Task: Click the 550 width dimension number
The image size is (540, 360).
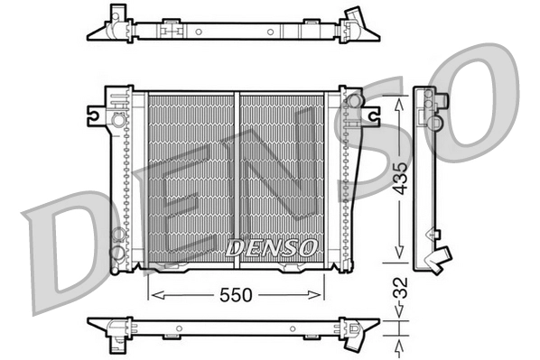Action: click(236, 295)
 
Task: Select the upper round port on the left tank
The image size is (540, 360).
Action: click(118, 118)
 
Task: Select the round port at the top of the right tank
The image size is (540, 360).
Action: click(354, 100)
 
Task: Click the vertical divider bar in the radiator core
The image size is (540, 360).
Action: click(237, 177)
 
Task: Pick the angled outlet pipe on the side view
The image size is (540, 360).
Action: click(440, 259)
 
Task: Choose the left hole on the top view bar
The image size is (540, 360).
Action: click(198, 32)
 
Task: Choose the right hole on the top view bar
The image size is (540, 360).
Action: click(268, 32)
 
